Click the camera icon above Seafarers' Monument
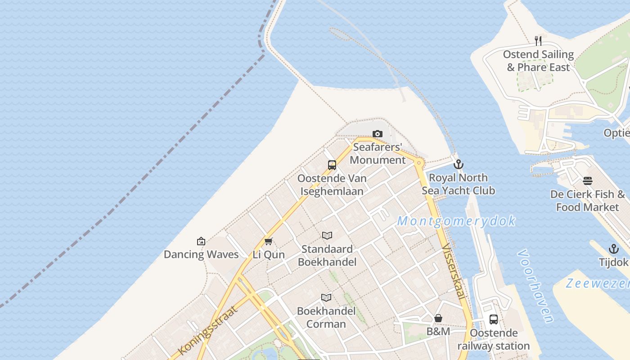[378, 134]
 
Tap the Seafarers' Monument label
[378, 153]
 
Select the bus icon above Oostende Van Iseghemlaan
[332, 165]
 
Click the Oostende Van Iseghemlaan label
[332, 184]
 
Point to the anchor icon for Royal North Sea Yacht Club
[459, 164]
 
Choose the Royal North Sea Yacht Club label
[459, 184]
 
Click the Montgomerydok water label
[456, 221]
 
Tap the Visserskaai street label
[453, 271]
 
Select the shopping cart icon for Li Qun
[269, 241]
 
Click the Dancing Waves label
[201, 254]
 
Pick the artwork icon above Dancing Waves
[201, 241]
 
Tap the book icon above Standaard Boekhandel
[327, 235]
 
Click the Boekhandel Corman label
[326, 317]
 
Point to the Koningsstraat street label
[207, 330]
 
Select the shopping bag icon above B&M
[438, 319]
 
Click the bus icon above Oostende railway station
[494, 319]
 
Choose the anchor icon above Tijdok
[613, 249]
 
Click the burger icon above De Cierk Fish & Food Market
[588, 181]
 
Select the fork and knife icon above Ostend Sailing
[538, 41]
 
